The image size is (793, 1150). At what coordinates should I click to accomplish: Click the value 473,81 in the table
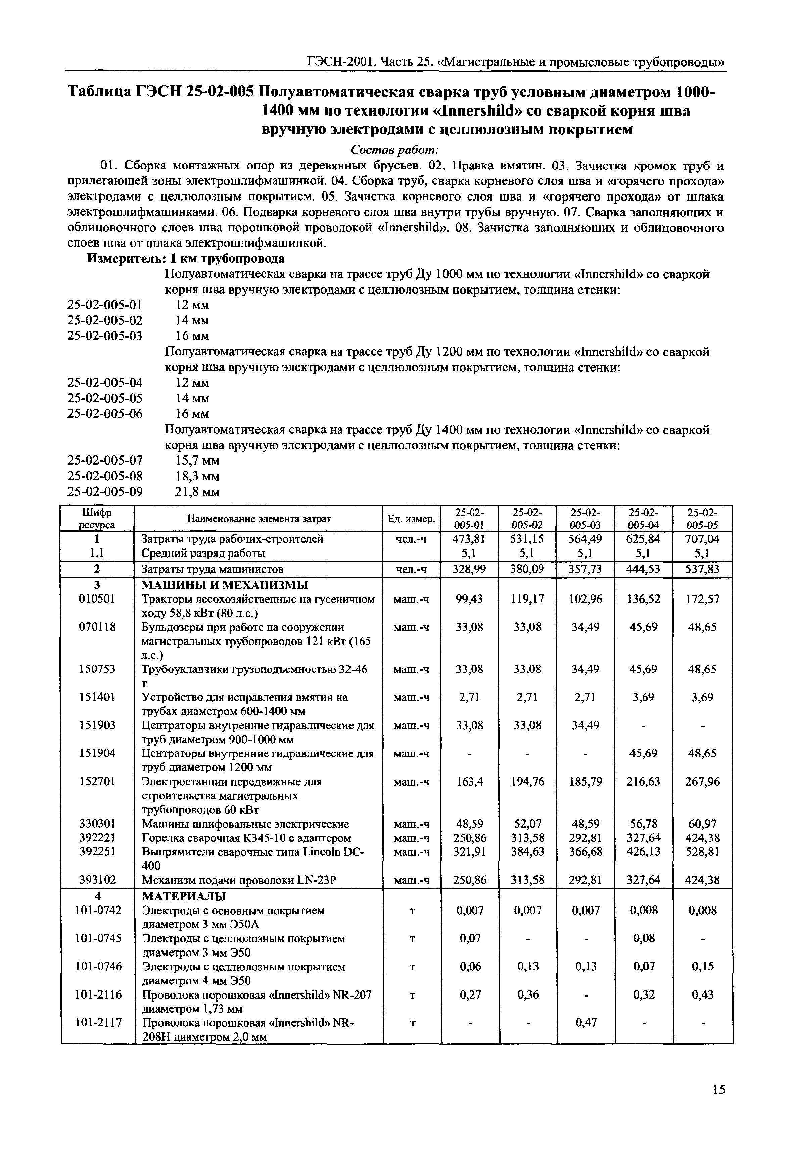tap(469, 539)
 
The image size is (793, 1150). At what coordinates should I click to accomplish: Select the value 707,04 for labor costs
tap(703, 539)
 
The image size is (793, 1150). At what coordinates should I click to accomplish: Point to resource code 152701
tap(97, 782)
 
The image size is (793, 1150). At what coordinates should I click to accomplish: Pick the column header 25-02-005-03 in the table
tap(585, 518)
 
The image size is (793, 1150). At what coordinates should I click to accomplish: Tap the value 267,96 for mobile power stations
tap(703, 782)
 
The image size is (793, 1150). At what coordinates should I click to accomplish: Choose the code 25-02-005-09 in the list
tap(105, 492)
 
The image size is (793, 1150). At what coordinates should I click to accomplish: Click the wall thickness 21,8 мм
tap(197, 492)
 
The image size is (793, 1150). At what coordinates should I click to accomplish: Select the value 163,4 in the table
tap(469, 782)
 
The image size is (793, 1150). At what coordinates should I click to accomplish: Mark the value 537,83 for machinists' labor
tap(703, 569)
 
